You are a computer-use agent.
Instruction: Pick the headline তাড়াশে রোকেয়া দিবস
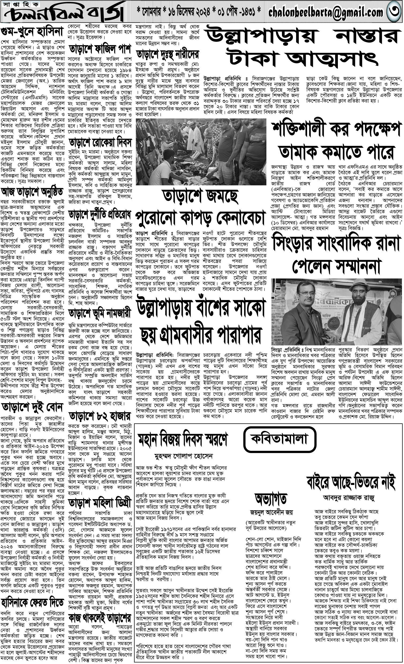[x=100, y=142]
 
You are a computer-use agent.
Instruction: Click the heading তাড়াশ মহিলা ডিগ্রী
[x=100, y=503]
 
